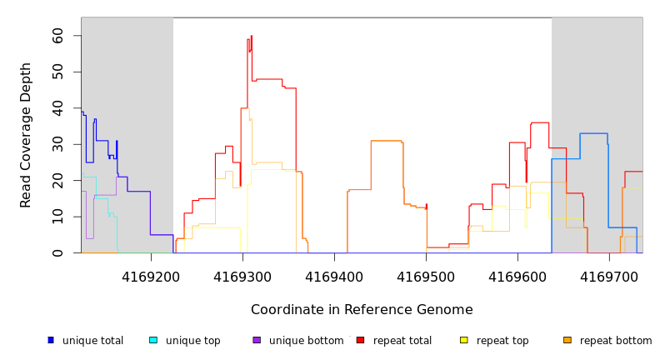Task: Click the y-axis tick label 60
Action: pyautogui.click(x=57, y=36)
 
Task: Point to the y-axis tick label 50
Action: pyautogui.click(x=57, y=72)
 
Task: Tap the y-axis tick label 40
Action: pyautogui.click(x=57, y=108)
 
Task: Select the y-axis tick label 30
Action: pyautogui.click(x=57, y=145)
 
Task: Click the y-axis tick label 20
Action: pyautogui.click(x=57, y=181)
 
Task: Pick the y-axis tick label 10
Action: pyautogui.click(x=57, y=217)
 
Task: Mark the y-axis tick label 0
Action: pyautogui.click(x=57, y=253)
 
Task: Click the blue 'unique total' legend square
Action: pyautogui.click(x=51, y=340)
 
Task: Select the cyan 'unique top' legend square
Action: pyautogui.click(x=153, y=340)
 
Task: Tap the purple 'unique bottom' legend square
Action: pyautogui.click(x=257, y=340)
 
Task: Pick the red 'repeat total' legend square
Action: pyautogui.click(x=360, y=340)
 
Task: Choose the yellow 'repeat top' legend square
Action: pyautogui.click(x=464, y=340)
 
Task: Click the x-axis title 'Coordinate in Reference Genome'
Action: pyautogui.click(x=362, y=310)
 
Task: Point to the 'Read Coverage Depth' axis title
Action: pyautogui.click(x=27, y=135)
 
